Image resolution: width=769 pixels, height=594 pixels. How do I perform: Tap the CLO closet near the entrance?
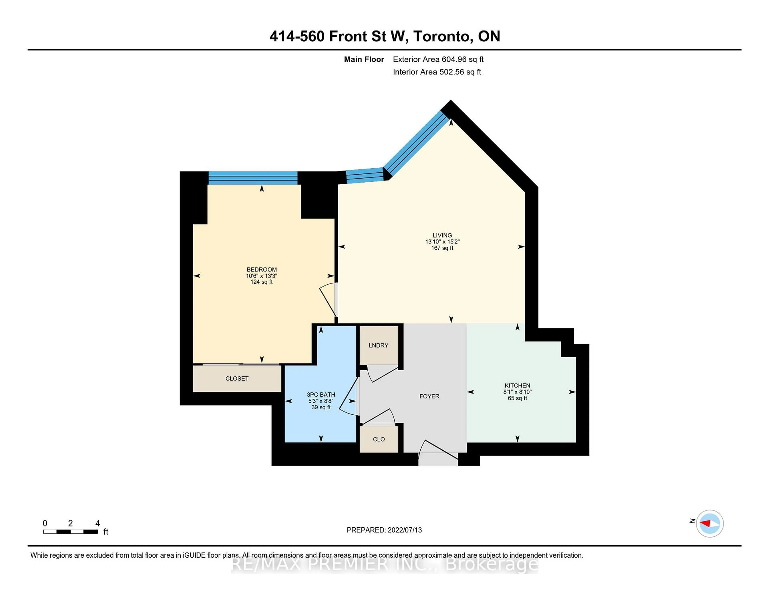(x=379, y=439)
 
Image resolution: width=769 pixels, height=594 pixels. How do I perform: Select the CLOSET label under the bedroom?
(x=237, y=378)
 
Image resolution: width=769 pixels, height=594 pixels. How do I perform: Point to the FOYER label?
(x=429, y=396)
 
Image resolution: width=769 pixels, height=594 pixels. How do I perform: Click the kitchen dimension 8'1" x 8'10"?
(x=517, y=392)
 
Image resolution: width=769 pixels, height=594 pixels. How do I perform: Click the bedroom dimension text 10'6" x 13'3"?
(x=261, y=276)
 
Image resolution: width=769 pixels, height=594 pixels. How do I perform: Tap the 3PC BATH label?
(x=321, y=394)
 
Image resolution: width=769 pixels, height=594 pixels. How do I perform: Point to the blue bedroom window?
(x=253, y=178)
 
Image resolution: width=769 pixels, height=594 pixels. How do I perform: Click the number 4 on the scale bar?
(x=98, y=523)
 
